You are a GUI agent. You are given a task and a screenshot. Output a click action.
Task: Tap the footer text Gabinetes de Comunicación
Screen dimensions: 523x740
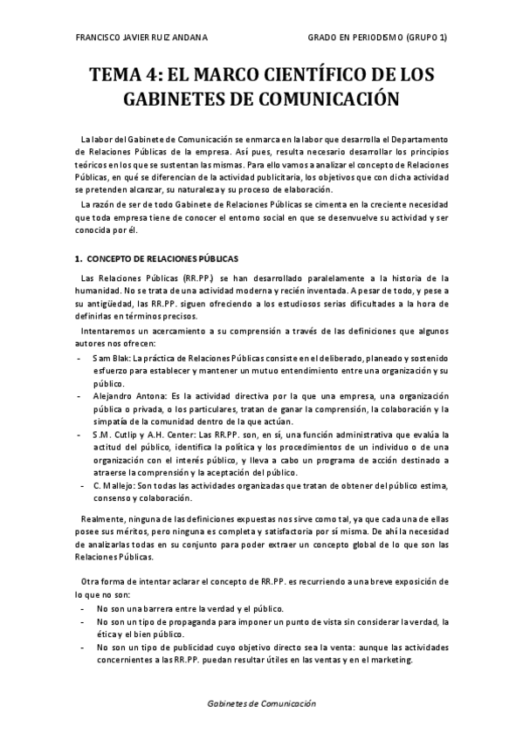tap(261, 702)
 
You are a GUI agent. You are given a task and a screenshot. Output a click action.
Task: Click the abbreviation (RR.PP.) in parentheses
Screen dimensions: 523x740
tap(194, 277)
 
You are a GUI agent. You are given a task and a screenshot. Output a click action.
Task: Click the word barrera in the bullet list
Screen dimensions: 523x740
tap(171, 608)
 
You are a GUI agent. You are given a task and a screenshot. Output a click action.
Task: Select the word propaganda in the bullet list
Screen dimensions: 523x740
tap(197, 621)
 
